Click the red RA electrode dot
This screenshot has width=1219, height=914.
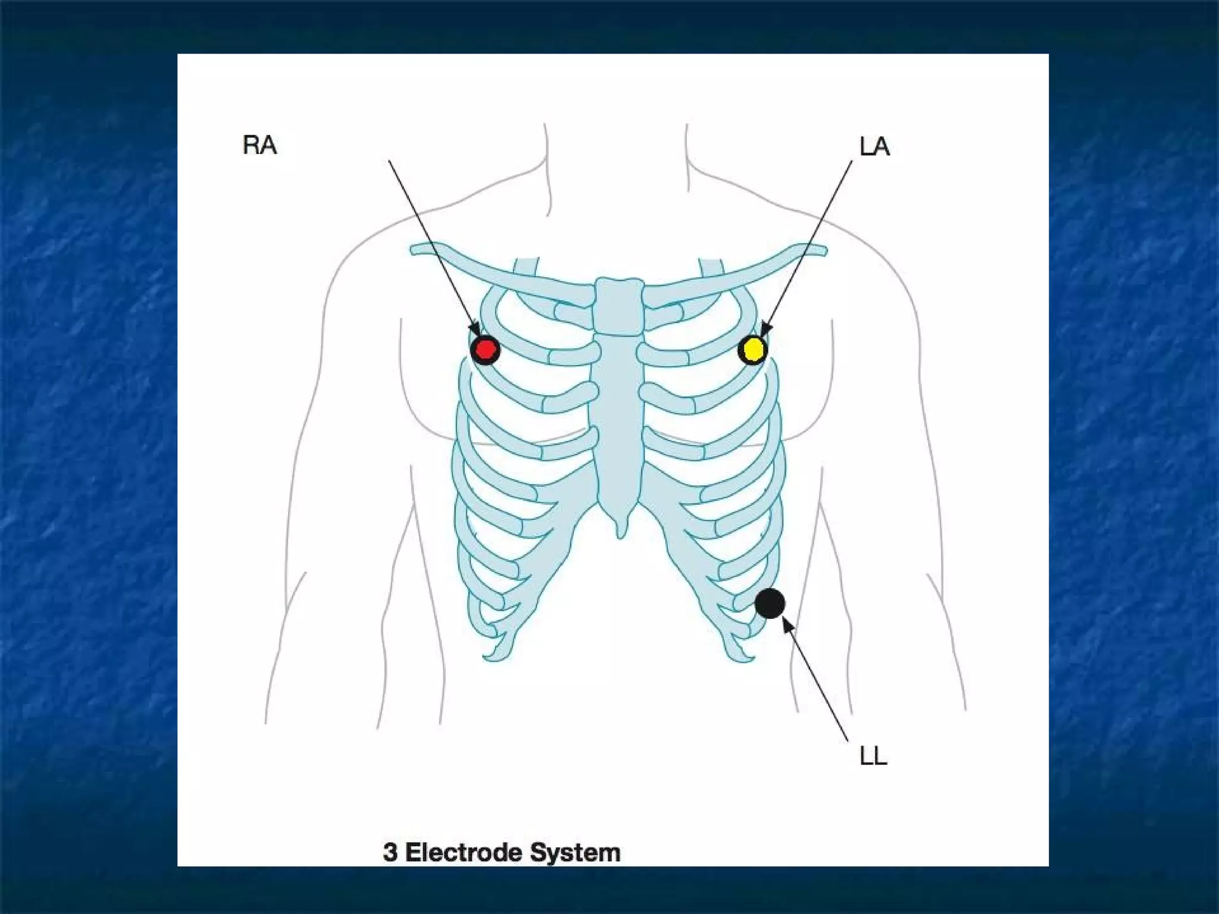(485, 350)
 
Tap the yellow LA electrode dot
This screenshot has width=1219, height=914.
(753, 350)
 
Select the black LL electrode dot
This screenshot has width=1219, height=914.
(770, 603)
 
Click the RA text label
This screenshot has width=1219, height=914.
(260, 145)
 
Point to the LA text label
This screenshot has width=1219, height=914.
(874, 146)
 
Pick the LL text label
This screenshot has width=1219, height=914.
(873, 756)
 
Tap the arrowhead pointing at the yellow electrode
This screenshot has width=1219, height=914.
(765, 330)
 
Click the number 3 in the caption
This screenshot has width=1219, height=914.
(390, 853)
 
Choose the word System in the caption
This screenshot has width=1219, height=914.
(574, 853)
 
